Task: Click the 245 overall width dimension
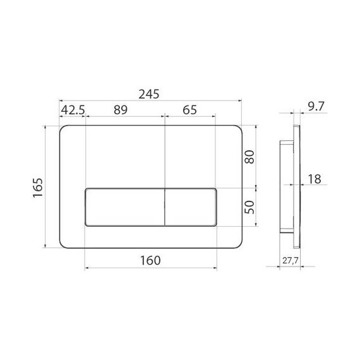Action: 150,92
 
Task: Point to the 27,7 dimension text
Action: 291,260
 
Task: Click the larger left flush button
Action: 124,207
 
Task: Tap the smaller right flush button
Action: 191,207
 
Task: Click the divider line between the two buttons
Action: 164,207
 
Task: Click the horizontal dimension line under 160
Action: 150,268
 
